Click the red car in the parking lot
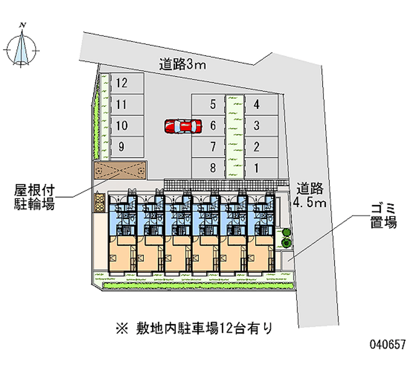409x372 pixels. coord(183,126)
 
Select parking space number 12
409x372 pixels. coord(127,83)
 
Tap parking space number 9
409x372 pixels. coord(127,147)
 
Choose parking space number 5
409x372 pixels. coord(208,104)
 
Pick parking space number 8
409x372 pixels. coord(208,168)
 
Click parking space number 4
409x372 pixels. coord(261,104)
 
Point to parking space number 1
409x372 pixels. coord(261,168)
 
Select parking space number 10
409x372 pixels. coord(127,125)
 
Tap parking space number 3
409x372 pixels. coord(261,125)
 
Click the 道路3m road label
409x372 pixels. coord(183,64)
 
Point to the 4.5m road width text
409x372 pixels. coord(310,202)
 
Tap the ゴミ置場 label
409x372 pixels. coord(383,216)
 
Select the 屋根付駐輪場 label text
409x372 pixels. coord(34,197)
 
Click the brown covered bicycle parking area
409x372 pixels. coord(120,170)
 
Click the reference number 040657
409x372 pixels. coord(388,344)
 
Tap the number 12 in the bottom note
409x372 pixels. coord(226,329)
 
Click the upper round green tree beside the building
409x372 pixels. coord(286,232)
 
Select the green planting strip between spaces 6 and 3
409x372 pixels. coord(235,137)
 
